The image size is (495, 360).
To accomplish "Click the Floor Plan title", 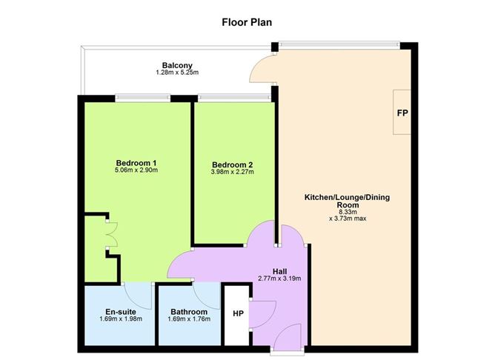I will [247, 21].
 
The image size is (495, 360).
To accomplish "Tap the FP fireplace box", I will [403, 113].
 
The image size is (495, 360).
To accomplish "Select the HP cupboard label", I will [237, 314].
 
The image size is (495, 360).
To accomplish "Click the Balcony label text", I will [177, 65].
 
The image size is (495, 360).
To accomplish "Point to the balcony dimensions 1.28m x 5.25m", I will [177, 73].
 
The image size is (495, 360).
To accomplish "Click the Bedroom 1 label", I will [136, 162].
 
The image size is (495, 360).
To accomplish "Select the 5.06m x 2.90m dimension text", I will [136, 170].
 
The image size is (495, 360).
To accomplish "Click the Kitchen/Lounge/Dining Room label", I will [347, 201].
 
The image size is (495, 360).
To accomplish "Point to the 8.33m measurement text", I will [347, 211].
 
